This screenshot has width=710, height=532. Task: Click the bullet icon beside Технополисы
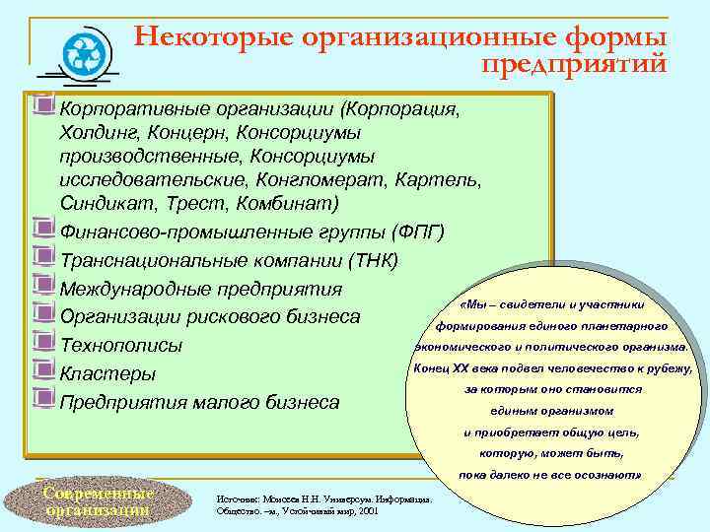[42, 344]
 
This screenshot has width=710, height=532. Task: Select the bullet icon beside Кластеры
[42, 371]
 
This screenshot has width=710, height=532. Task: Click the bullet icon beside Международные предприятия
[42, 288]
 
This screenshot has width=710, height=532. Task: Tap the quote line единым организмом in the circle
[551, 411]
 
